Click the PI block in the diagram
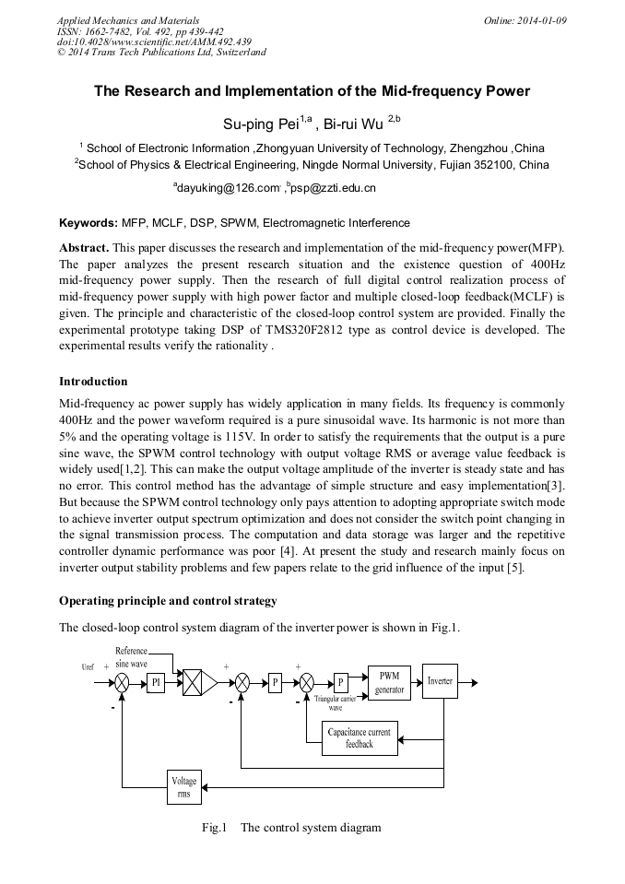[156, 683]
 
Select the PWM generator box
[389, 683]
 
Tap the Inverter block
[440, 682]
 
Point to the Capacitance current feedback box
[360, 737]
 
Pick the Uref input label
[88, 666]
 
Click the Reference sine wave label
[131, 657]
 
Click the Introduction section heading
[93, 381]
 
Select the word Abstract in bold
[85, 249]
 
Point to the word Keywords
[88, 223]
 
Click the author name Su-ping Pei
[256, 124]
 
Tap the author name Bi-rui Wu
[355, 124]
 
